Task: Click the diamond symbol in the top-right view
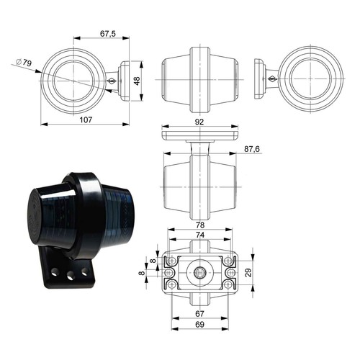tap(273, 77)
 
